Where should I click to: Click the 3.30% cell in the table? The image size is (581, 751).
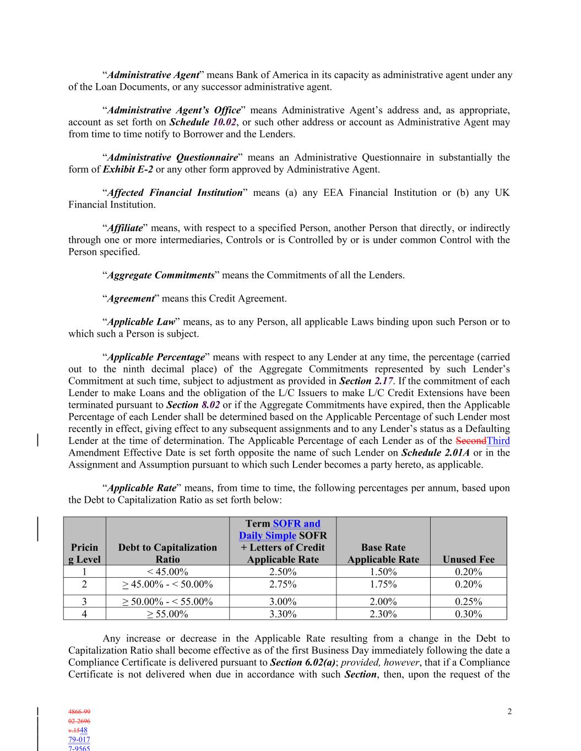283,614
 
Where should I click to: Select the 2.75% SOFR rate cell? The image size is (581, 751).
283,584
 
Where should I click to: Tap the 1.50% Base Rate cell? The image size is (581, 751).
383,572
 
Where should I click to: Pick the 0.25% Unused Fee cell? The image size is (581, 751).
468,601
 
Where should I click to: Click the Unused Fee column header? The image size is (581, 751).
468,559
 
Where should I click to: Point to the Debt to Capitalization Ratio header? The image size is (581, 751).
167,553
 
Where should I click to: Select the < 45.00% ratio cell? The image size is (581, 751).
167,572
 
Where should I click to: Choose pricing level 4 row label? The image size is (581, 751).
84,614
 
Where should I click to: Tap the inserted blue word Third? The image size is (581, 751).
498,441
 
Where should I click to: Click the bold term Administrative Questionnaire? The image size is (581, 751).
172,157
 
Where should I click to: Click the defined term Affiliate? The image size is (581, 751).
124,228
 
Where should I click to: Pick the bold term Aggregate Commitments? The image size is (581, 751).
160,275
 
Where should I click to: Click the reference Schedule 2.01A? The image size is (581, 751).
435,453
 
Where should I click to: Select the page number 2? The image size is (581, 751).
509,712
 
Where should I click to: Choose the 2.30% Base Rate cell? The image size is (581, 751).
383,614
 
